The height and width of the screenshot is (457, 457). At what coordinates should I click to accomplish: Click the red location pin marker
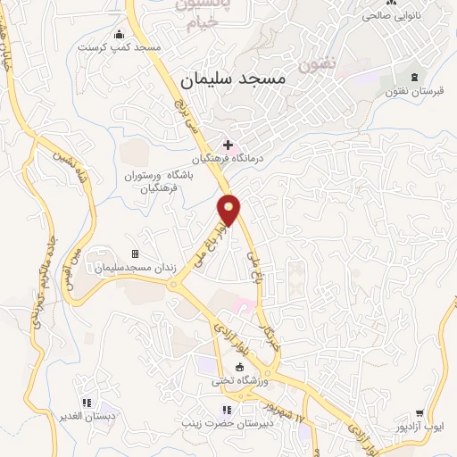tap(229, 209)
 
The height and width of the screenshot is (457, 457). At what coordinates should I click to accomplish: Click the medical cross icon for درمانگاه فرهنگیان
tap(228, 145)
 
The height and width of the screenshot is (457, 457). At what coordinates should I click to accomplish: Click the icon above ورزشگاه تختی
tap(239, 367)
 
